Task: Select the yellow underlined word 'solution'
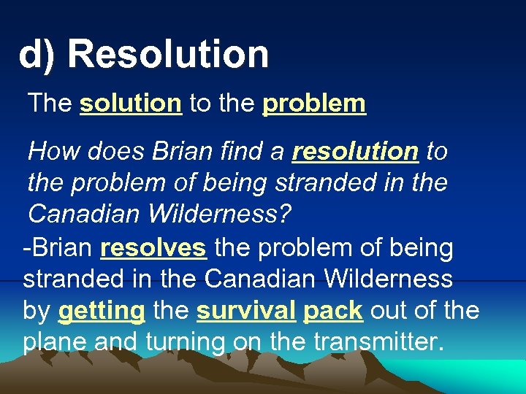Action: click(x=130, y=104)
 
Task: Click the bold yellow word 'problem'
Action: click(x=313, y=104)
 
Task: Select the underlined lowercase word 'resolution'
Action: click(x=355, y=151)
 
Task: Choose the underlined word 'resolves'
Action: click(x=153, y=248)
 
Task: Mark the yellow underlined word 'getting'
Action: click(x=101, y=311)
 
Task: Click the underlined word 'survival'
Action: click(x=245, y=311)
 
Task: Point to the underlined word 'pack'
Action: click(x=333, y=311)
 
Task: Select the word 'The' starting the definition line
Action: click(x=50, y=104)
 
